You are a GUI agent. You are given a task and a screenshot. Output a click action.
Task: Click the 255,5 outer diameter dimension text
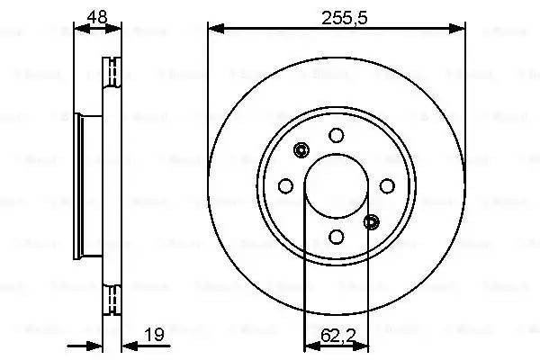click(x=337, y=15)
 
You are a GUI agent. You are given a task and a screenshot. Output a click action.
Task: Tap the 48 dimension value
click(x=96, y=15)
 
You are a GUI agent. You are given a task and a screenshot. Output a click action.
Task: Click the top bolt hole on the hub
click(x=337, y=135)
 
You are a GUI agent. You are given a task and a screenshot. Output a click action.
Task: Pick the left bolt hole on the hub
click(x=286, y=185)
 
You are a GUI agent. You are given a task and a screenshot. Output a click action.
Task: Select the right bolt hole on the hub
click(x=387, y=185)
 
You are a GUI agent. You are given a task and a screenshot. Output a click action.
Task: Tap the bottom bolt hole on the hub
click(x=337, y=236)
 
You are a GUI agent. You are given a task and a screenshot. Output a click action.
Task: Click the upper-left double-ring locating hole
click(x=301, y=150)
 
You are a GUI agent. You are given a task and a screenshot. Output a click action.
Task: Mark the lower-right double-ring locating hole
click(x=373, y=221)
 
